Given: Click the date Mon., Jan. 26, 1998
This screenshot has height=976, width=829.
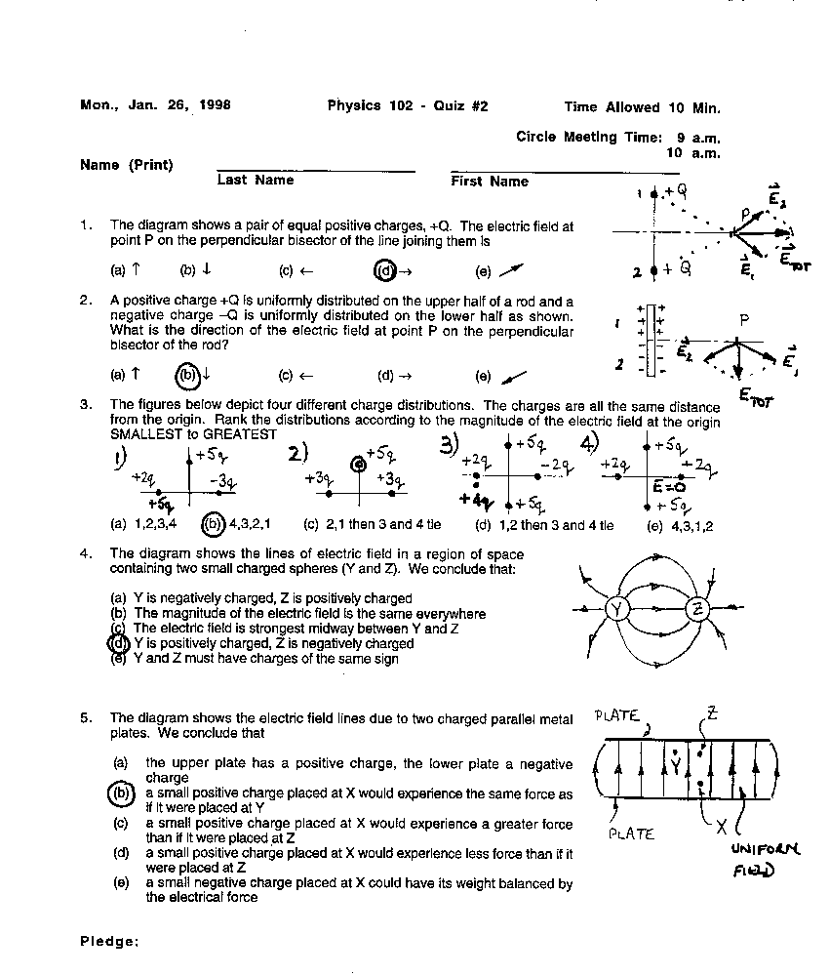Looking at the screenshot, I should point(155,106).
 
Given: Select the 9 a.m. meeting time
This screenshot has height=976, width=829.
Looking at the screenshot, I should point(699,138).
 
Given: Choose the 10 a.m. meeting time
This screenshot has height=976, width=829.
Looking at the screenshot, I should point(693,152).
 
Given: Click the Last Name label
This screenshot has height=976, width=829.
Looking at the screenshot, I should point(256,181).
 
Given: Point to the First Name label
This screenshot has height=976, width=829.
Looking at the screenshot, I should point(490,182).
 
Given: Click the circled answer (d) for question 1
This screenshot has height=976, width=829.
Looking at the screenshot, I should point(386,271).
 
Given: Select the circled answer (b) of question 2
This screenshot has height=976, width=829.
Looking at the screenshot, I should point(187,375).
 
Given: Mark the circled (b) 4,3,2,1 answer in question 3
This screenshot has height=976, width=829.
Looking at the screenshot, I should point(213,524).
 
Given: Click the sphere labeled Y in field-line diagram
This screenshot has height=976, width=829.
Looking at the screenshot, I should point(617,609).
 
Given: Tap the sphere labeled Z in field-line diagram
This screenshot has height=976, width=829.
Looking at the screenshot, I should point(698,609).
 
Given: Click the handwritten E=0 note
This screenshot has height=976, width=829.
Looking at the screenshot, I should point(672,486).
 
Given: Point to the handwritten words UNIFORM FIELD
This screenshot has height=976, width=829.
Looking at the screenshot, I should point(765,859).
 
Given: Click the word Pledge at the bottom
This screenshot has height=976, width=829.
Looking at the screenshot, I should point(109,941).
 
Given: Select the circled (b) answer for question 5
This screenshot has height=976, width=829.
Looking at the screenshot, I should point(121,793).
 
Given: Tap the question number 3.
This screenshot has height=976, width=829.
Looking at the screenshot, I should point(86,405).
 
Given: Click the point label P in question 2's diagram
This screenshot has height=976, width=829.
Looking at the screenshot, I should point(744,319).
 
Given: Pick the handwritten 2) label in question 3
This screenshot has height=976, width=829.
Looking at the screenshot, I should point(297,455).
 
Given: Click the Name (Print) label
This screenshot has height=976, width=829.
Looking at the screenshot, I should point(127,165).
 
